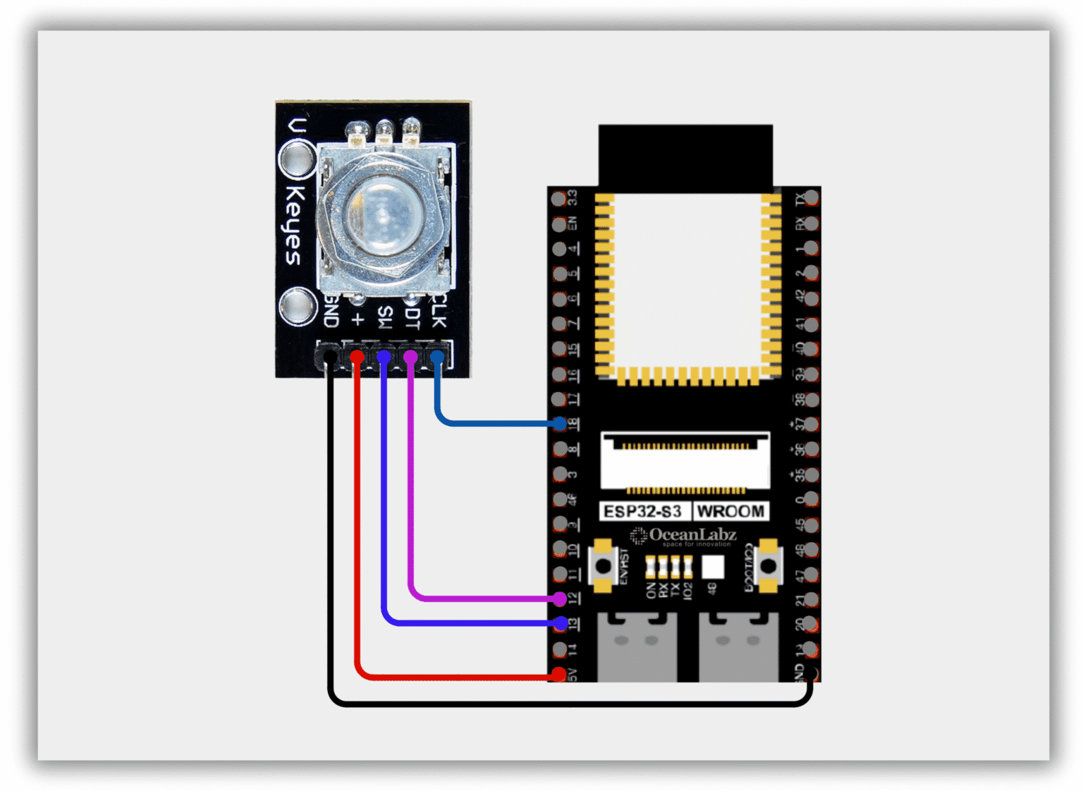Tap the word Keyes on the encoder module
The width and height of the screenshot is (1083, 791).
tap(295, 225)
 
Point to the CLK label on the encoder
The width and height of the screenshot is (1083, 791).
tap(439, 311)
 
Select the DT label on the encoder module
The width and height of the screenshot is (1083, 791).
tap(412, 315)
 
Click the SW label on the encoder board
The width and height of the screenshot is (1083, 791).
tap(384, 317)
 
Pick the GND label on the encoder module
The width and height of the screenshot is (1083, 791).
tap(331, 311)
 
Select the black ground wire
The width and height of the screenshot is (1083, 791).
tap(564, 704)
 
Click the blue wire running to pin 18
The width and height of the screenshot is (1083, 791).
tap(494, 424)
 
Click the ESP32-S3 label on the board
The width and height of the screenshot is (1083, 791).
tap(643, 511)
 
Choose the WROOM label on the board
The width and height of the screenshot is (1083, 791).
tap(730, 511)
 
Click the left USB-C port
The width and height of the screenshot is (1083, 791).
tap(637, 646)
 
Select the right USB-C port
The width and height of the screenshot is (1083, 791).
tap(738, 646)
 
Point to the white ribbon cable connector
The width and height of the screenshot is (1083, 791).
tap(685, 461)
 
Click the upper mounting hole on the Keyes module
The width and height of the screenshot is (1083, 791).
tap(297, 159)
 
